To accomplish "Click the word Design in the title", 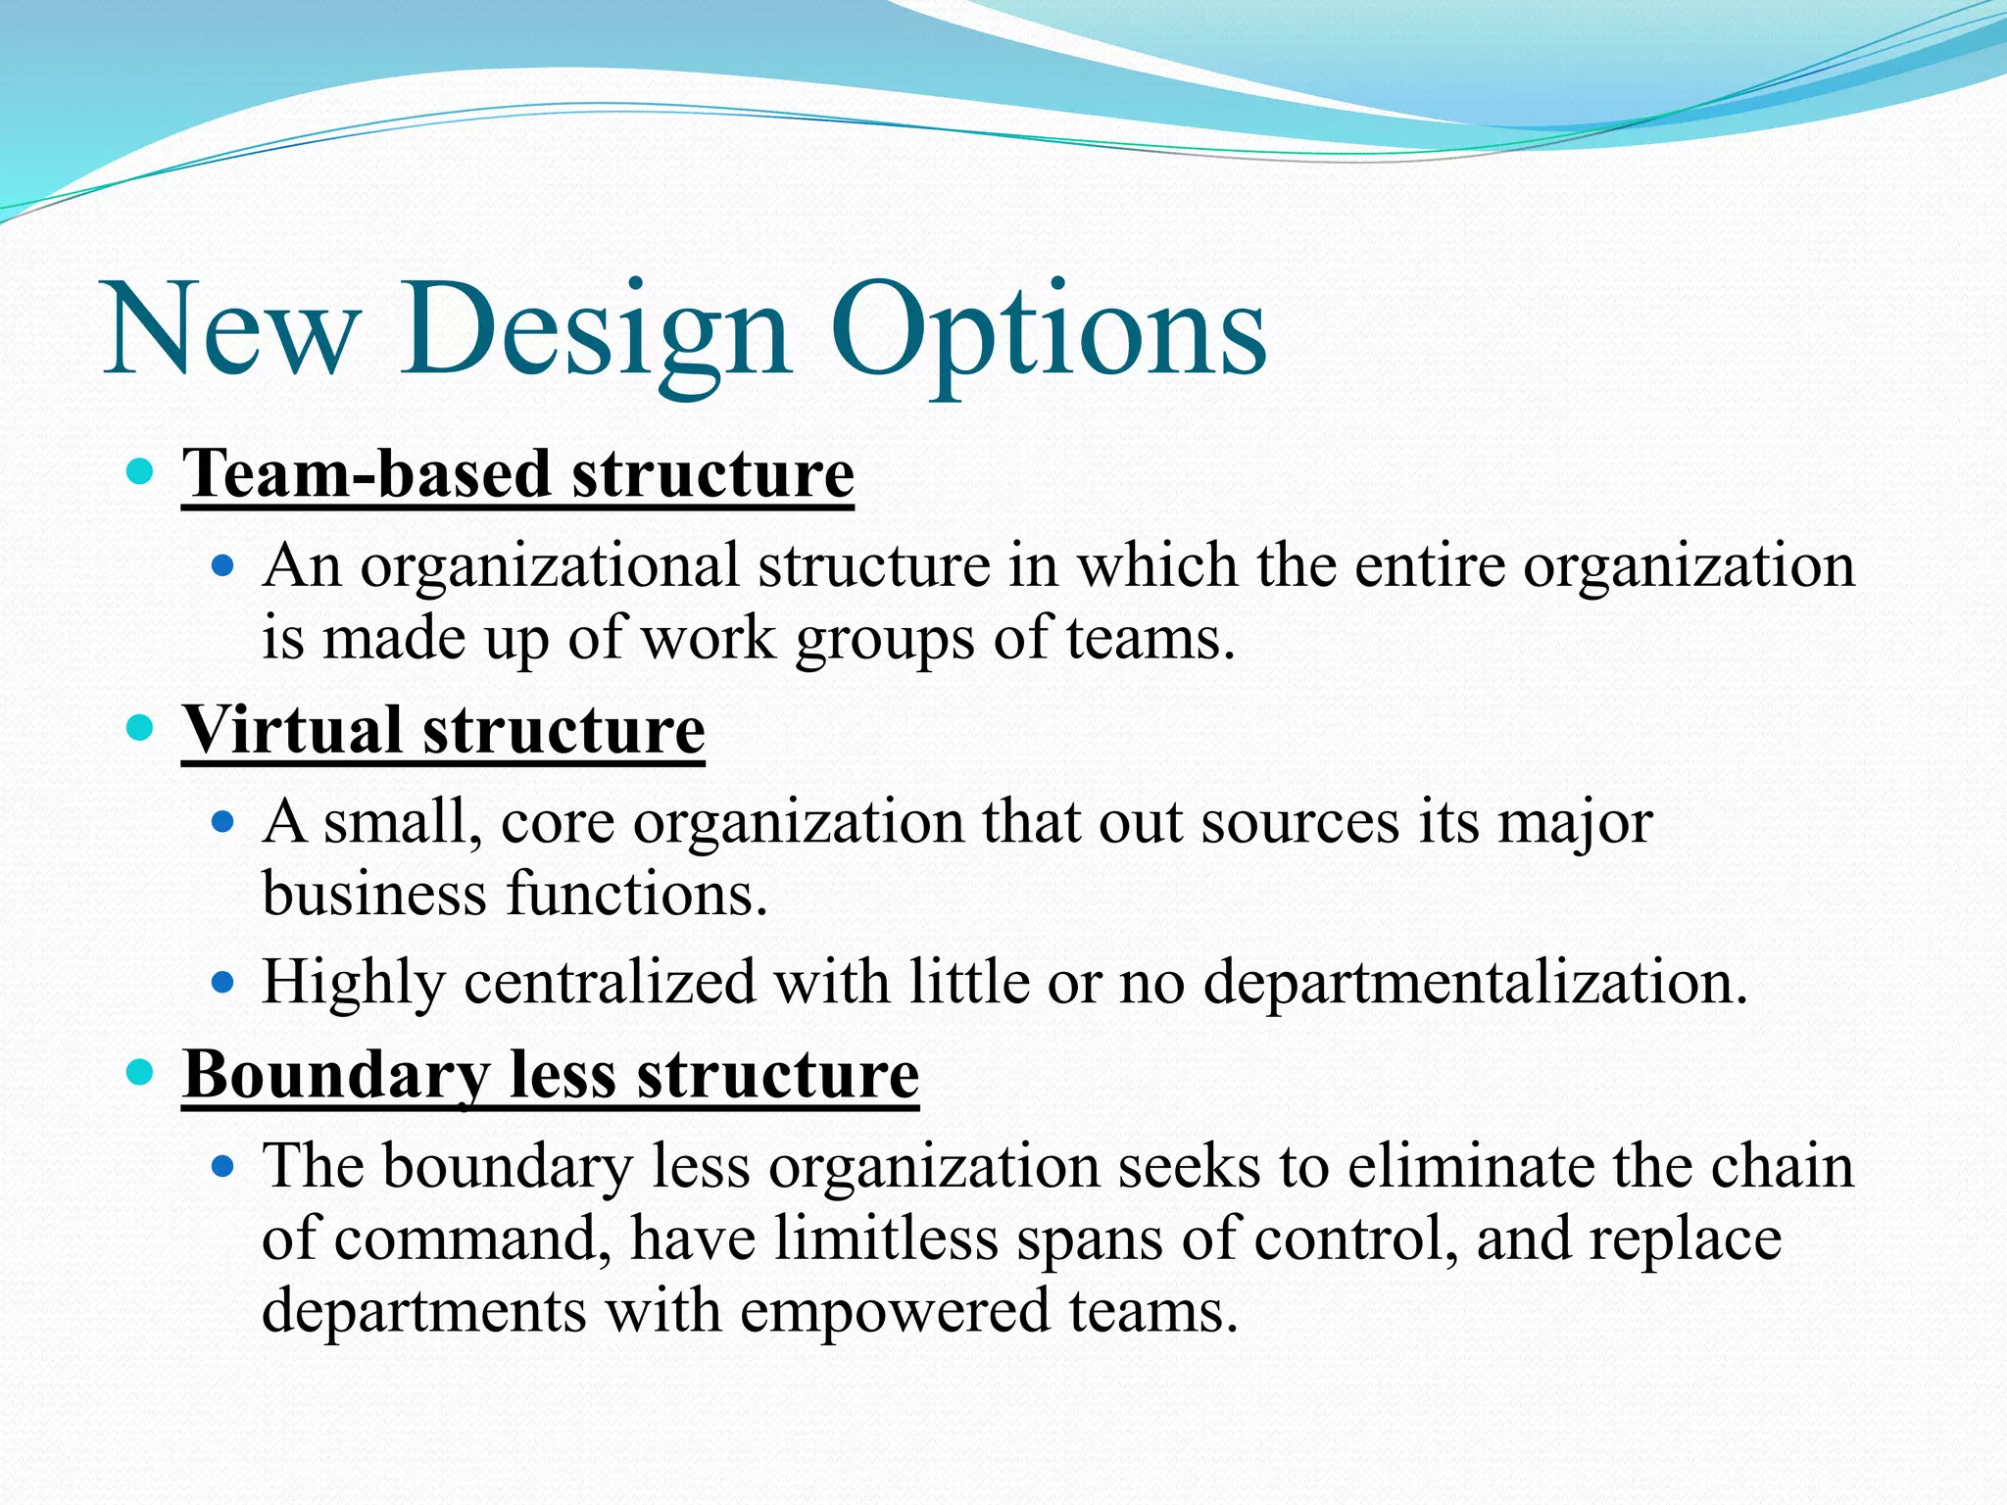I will (x=595, y=331).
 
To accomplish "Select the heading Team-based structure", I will (x=517, y=475).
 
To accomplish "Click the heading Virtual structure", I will (x=443, y=731).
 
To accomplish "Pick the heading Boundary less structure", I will (x=550, y=1076).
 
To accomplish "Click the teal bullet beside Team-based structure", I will (x=142, y=472).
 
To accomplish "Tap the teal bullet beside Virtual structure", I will (x=142, y=728).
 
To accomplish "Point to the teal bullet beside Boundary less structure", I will (x=142, y=1073).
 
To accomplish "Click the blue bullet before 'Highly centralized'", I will (x=224, y=981).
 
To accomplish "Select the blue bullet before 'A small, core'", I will (x=224, y=821).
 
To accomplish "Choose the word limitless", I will (x=885, y=1238).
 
